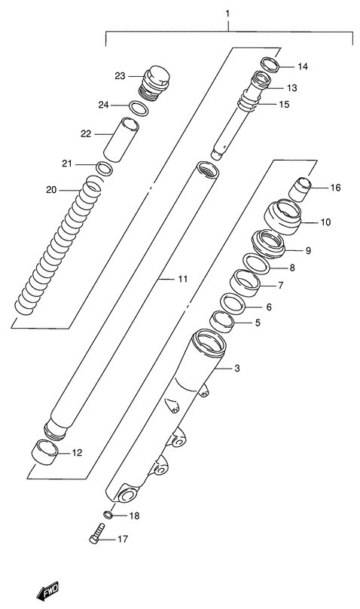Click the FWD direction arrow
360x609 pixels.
(x=47, y=592)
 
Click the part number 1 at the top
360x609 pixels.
(x=227, y=14)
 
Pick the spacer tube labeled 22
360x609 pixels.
(x=121, y=140)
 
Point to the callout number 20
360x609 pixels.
(x=51, y=190)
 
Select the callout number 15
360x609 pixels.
(x=285, y=105)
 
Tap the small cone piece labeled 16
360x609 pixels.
(x=300, y=189)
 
